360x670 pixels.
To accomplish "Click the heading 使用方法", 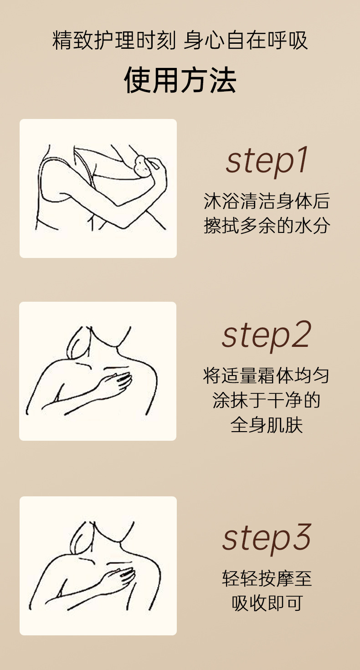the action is pos(180,80).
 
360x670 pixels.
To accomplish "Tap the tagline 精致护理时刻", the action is pos(114,40).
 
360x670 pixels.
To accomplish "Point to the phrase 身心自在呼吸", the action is pos(246,40).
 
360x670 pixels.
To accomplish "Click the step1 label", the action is pos(267,161).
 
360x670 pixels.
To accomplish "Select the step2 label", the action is pos(267,335).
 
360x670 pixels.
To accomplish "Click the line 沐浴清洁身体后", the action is pos(267,201).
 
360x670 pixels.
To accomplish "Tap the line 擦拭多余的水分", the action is pos(267,225).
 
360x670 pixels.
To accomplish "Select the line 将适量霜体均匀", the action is pos(266,376).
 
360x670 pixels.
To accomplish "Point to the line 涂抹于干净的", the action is pos(266,400).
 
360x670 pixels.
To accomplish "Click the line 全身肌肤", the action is pos(267,425).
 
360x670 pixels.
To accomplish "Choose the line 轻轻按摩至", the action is pos(267,578).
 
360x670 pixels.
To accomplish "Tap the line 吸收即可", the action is pos(267,603).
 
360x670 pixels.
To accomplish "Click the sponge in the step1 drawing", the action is pos(142,166).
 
